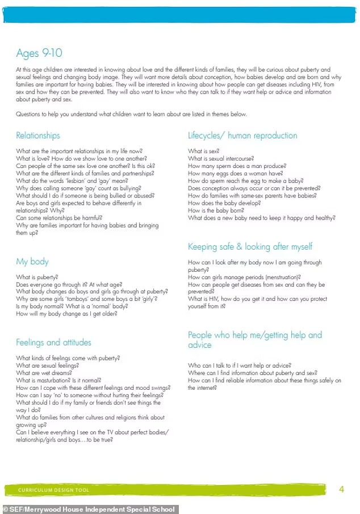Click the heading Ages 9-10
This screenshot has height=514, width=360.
coord(39,54)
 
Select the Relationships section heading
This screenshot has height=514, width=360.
coord(38,136)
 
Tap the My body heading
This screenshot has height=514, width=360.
coord(32,262)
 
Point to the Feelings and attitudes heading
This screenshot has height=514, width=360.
coord(53,342)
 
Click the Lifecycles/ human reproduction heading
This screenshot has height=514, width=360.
coord(242,136)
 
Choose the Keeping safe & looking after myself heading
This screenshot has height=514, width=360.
coord(250,247)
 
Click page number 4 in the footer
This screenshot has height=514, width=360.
coord(341,489)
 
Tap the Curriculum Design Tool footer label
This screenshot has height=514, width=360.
coord(47,490)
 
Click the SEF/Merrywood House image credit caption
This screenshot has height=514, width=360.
coord(90,509)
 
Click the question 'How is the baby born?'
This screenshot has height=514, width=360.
coord(216,210)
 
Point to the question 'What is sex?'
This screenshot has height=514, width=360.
coord(203,151)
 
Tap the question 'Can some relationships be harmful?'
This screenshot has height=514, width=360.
coord(59,218)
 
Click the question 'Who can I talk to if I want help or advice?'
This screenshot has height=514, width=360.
coord(240,366)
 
